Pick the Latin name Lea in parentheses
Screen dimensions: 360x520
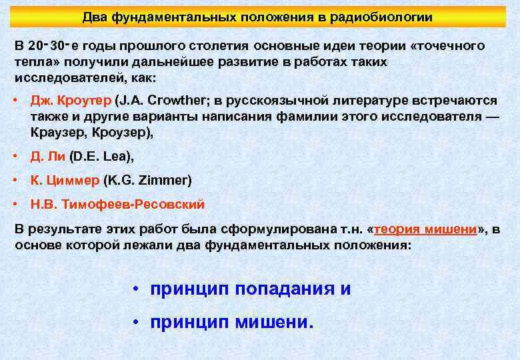tap(117, 157)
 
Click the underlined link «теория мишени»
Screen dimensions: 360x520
tap(426, 229)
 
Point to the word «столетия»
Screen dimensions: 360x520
tap(220, 46)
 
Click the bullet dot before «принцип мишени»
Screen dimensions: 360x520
tap(135, 323)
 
